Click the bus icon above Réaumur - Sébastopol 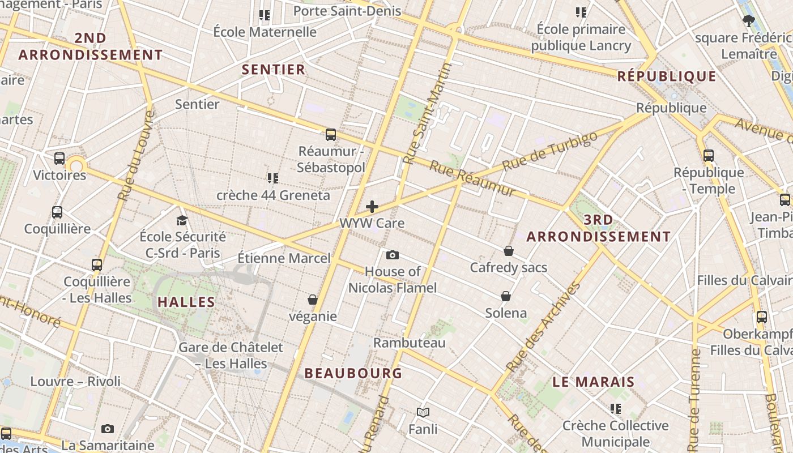click(x=331, y=135)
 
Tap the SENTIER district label click(x=274, y=70)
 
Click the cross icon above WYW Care click(x=372, y=207)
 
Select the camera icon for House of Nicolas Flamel click(x=392, y=255)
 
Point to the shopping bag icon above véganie click(x=313, y=300)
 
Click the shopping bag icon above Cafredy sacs click(x=509, y=251)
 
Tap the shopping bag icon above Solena click(x=506, y=296)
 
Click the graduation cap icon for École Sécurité click(x=182, y=220)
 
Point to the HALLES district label click(x=186, y=302)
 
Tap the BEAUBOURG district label click(x=353, y=373)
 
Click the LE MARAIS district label click(x=594, y=382)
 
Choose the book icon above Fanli click(x=423, y=412)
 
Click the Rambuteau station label click(x=410, y=343)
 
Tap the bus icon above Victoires click(x=59, y=159)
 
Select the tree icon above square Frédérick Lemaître click(x=749, y=22)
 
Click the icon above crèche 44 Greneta click(x=273, y=178)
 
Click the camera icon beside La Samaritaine click(x=108, y=429)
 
